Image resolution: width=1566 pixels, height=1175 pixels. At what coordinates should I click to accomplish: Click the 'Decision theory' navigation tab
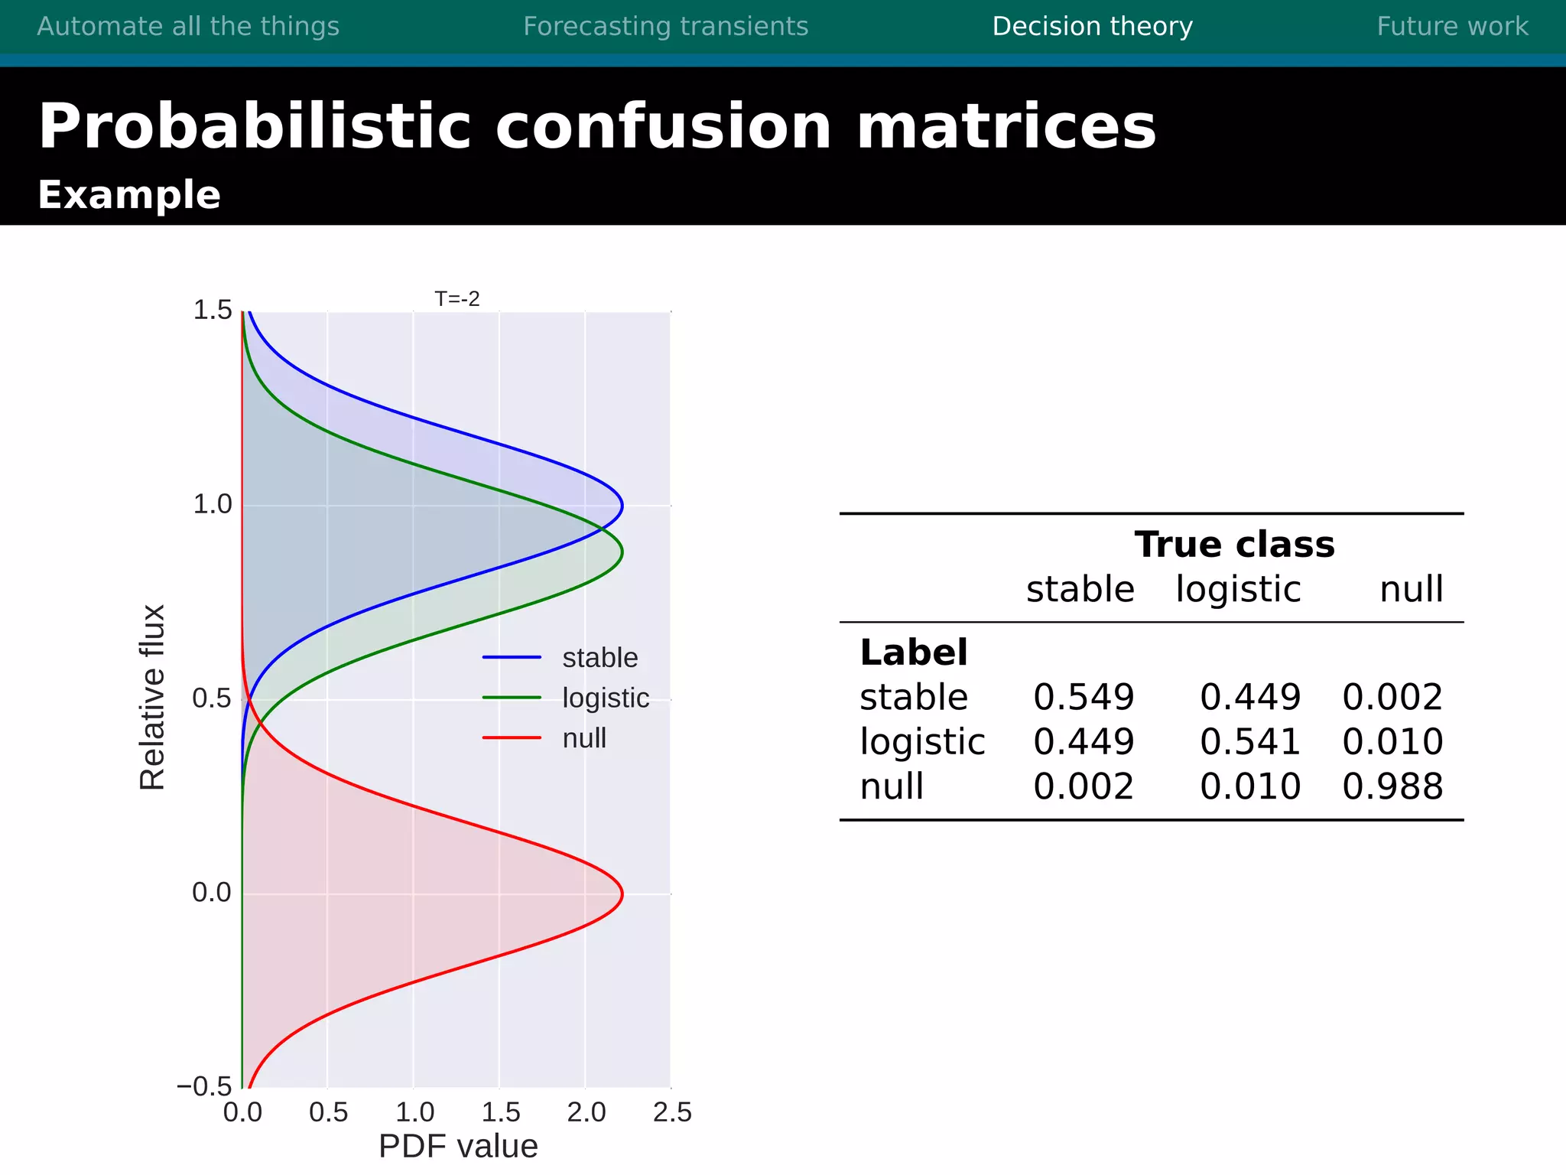[x=1092, y=27]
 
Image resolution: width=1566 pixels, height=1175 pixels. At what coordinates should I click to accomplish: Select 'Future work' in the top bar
[x=1452, y=27]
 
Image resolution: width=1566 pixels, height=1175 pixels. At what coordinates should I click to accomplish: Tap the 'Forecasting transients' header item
[x=665, y=27]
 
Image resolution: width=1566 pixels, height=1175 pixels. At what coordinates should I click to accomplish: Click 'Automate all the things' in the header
[x=188, y=27]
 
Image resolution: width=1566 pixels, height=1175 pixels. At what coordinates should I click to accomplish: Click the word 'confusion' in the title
[x=663, y=127]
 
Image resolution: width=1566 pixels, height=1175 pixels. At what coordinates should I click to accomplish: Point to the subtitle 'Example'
[x=129, y=195]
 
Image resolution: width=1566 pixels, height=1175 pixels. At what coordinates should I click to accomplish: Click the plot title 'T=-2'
[x=456, y=299]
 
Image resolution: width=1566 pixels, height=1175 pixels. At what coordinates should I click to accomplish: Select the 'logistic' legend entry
[x=605, y=698]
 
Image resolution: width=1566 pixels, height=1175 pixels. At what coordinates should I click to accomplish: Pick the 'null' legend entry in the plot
[x=584, y=738]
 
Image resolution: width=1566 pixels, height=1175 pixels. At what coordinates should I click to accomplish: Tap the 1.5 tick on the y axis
[x=212, y=311]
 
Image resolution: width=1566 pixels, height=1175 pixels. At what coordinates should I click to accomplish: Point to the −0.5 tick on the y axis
[x=204, y=1086]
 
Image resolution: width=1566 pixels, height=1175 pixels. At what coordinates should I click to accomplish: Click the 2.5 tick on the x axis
[x=672, y=1112]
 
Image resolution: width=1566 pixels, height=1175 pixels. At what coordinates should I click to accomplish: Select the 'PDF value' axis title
[x=458, y=1146]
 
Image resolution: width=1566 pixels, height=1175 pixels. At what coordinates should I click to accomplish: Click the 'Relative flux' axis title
[x=152, y=698]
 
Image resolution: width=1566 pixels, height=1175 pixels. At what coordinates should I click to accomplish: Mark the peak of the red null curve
[x=622, y=893]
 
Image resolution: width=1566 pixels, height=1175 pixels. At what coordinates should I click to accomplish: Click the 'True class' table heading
[x=1234, y=545]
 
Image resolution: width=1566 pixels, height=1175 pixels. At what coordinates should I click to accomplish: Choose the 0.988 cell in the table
[x=1392, y=786]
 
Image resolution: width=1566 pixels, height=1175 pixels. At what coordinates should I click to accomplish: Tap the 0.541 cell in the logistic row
[x=1249, y=742]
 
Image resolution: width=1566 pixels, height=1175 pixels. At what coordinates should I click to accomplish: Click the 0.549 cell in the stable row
[x=1083, y=697]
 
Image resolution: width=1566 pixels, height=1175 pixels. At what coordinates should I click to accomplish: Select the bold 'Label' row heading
[x=913, y=653]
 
